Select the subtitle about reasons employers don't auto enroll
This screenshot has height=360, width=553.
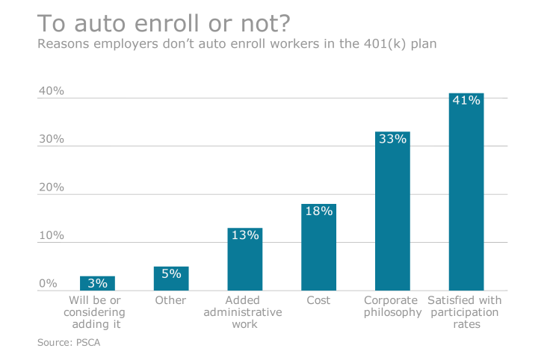click(237, 44)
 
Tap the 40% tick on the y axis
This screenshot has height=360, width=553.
click(52, 91)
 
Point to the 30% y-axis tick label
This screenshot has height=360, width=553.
click(52, 140)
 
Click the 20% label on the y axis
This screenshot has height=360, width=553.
click(52, 187)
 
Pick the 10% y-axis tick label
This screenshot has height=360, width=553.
click(52, 236)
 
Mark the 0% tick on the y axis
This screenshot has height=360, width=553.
click(48, 284)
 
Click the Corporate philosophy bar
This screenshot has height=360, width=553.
click(392, 217)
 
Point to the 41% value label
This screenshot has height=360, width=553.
click(466, 101)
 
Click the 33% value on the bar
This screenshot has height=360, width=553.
click(392, 139)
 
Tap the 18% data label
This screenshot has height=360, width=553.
click(318, 211)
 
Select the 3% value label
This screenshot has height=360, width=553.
click(97, 284)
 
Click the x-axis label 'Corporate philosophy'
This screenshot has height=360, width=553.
click(392, 306)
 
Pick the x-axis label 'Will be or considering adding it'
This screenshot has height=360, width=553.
click(97, 312)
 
